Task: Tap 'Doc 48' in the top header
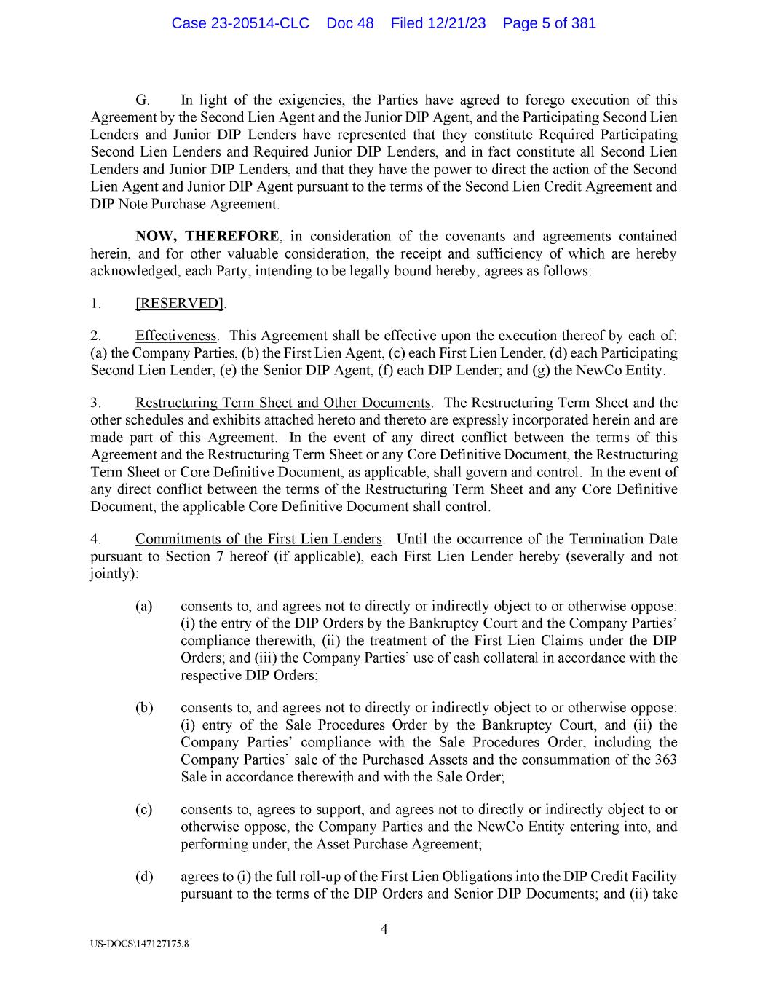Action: (350, 23)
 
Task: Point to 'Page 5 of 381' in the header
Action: (549, 23)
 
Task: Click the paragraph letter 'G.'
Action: (142, 100)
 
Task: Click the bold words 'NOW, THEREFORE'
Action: (207, 237)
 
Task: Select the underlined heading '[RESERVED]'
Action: (179, 303)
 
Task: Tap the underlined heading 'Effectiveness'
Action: (176, 336)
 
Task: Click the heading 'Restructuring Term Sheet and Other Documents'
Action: (283, 403)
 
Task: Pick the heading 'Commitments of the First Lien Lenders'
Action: (258, 540)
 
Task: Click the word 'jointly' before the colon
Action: (111, 574)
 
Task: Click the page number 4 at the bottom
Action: (384, 929)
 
